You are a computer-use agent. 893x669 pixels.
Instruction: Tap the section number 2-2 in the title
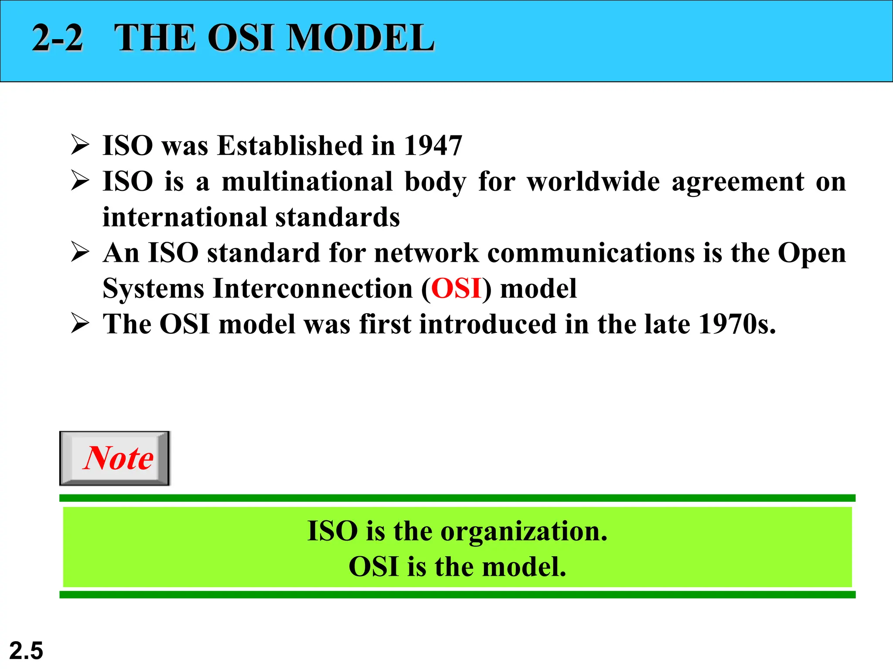[58, 38]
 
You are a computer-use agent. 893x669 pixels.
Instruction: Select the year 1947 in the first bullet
[433, 145]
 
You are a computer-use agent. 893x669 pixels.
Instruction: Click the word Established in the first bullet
[290, 145]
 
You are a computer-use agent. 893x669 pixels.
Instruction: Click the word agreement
[738, 182]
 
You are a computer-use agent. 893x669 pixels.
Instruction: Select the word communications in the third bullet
[591, 253]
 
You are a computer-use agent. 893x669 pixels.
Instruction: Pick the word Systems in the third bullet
[153, 289]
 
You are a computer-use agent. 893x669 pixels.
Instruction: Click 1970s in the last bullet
[737, 324]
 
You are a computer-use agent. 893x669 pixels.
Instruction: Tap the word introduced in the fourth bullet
[488, 324]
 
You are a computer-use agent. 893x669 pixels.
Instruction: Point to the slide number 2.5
[26, 651]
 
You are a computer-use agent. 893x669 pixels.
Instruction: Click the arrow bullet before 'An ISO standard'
[80, 253]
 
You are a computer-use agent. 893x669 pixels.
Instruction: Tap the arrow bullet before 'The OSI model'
[80, 324]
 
